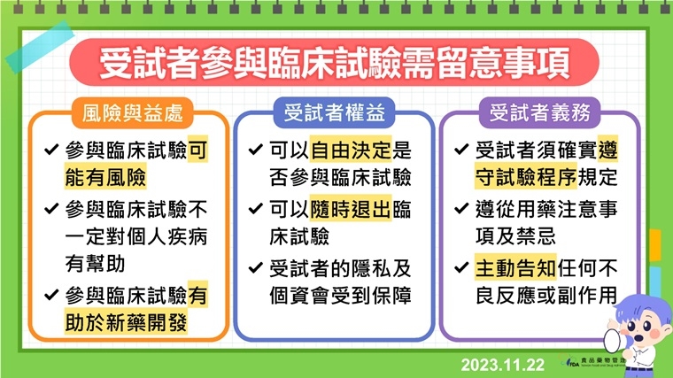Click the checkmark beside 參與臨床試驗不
[49, 212]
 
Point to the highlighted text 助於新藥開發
[126, 321]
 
